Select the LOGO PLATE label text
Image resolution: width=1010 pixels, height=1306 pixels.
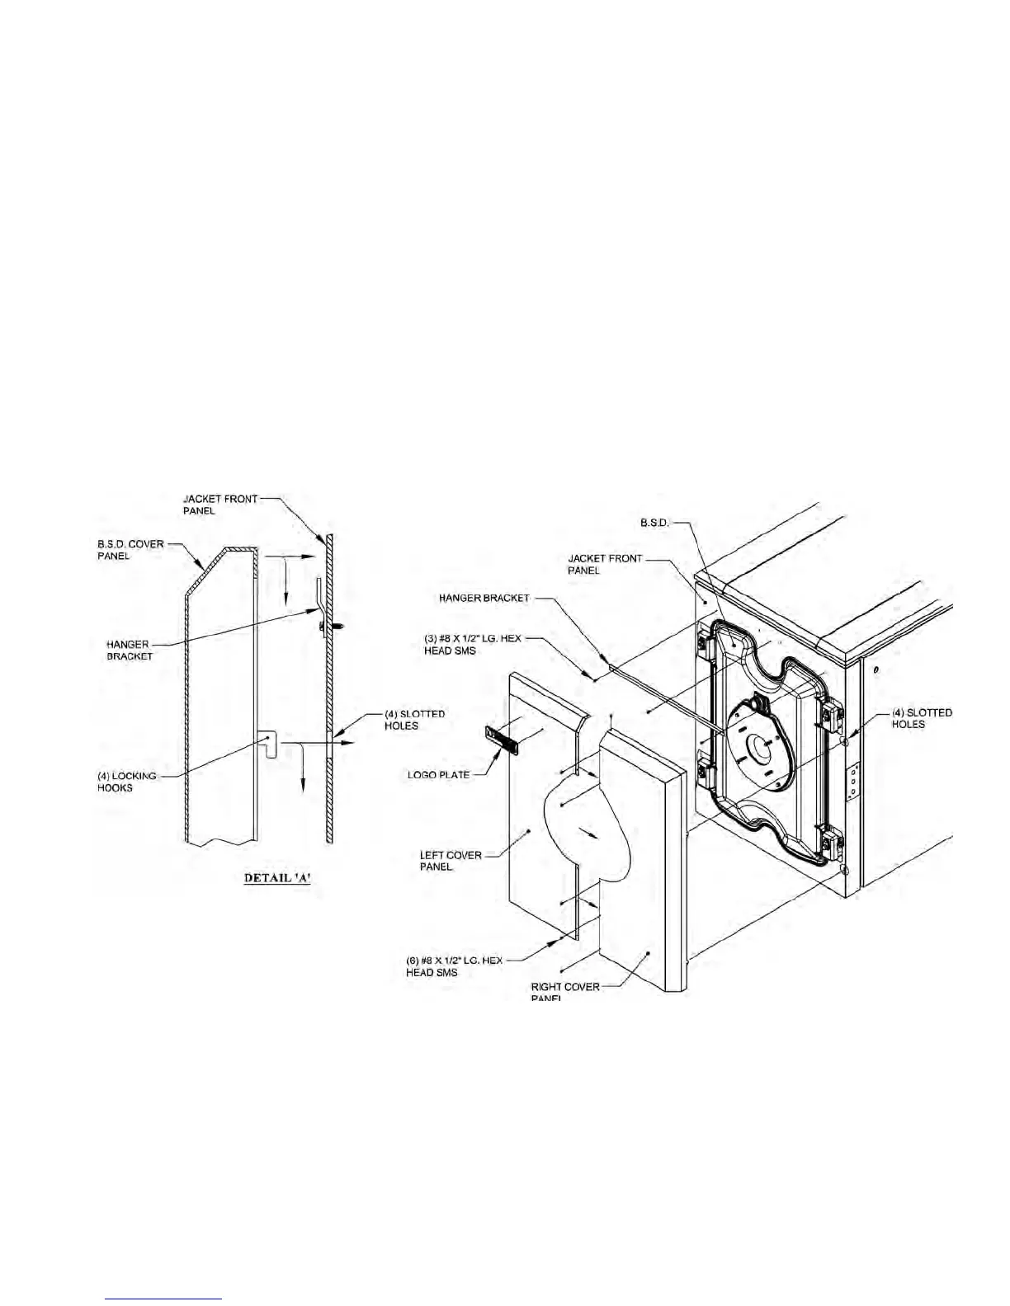pos(439,775)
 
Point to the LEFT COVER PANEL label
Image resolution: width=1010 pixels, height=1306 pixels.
pos(451,861)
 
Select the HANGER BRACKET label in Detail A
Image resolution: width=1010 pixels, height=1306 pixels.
pos(130,651)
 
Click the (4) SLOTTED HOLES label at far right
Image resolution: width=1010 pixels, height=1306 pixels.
pos(922,718)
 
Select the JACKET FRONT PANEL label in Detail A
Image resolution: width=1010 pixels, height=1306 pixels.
pos(220,505)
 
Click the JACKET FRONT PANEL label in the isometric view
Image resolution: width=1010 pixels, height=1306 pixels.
pos(605,564)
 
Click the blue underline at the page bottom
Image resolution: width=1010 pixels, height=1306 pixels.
pos(165,1299)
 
